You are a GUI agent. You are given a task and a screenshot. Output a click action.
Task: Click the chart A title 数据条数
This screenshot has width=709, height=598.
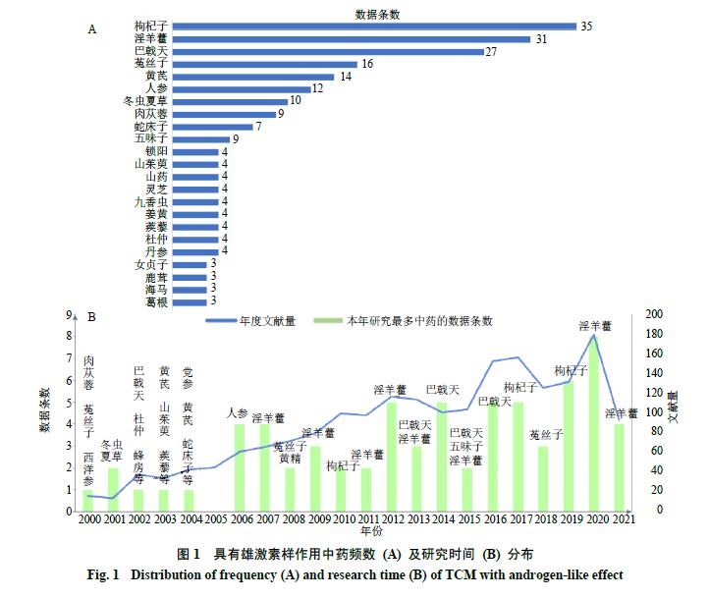[x=379, y=12]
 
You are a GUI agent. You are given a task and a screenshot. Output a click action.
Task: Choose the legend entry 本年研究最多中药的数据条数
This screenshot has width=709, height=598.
[x=416, y=321]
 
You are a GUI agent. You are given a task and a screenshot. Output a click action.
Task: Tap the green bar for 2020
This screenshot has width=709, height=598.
[x=594, y=423]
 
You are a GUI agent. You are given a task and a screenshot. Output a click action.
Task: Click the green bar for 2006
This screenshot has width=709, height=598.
[x=239, y=466]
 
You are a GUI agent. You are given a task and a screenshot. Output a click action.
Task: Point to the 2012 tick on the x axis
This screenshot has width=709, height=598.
[x=391, y=518]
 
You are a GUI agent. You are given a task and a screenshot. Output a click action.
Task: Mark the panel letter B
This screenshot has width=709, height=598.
[x=91, y=317]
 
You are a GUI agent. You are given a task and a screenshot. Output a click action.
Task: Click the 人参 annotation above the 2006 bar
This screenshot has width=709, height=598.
[x=238, y=413]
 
